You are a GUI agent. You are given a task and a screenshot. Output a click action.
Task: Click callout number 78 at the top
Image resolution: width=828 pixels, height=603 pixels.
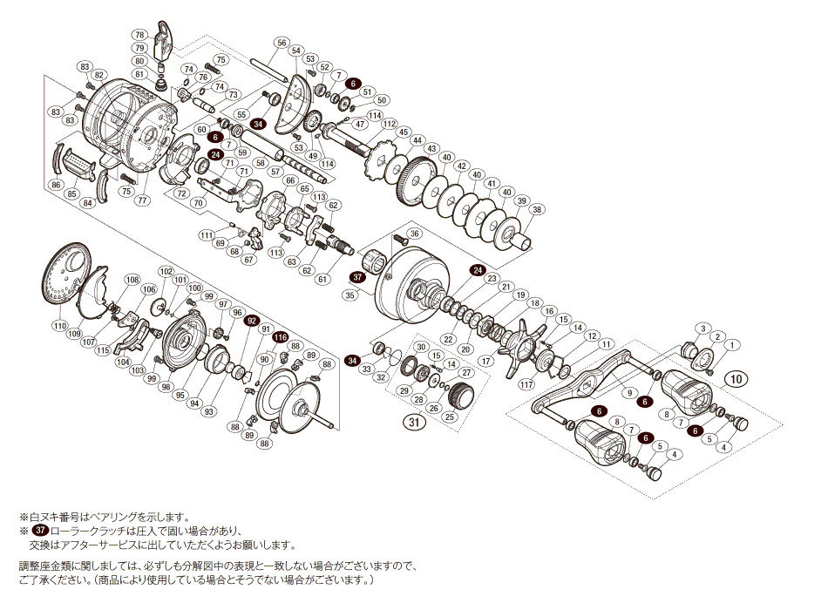click(x=139, y=34)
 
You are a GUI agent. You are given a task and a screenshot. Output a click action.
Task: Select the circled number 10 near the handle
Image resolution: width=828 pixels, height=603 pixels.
click(x=736, y=379)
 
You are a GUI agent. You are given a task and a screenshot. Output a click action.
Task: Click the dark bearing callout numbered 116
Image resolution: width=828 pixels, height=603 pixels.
click(x=280, y=337)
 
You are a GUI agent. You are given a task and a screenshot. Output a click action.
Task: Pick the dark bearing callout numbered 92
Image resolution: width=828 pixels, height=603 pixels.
click(x=252, y=321)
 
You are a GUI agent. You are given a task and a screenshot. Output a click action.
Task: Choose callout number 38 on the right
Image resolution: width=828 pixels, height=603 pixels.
click(x=537, y=209)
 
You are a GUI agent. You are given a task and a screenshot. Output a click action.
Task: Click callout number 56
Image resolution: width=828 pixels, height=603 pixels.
click(x=281, y=43)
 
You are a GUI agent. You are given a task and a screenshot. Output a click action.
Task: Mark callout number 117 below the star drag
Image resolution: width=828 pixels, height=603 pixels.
click(x=526, y=384)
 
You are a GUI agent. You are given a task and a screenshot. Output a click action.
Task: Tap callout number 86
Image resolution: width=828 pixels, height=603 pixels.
click(x=56, y=185)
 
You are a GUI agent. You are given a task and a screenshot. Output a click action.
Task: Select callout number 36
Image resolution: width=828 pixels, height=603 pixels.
click(x=414, y=234)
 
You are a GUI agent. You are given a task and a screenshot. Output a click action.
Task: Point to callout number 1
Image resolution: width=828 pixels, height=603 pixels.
click(x=731, y=345)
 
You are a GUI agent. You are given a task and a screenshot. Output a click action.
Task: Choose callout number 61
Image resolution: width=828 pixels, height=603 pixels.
click(x=322, y=279)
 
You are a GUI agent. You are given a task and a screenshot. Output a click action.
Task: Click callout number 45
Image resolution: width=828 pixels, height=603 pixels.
click(x=404, y=132)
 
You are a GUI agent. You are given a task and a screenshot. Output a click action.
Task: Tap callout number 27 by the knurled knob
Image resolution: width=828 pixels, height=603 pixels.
click(x=466, y=373)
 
